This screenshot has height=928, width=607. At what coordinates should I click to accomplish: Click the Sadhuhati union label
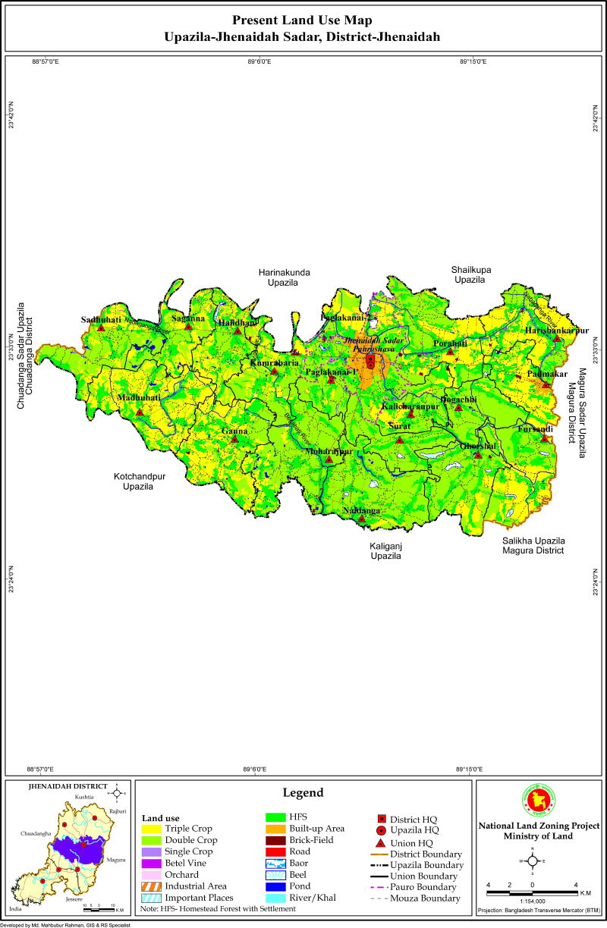point(101,320)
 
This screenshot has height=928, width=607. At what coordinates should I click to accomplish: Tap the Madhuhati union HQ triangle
point(140,413)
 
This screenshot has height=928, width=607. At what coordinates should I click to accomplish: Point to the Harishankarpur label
point(556,330)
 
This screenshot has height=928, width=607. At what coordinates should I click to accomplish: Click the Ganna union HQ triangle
point(234,439)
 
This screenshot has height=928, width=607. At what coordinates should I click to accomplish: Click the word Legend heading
point(303,793)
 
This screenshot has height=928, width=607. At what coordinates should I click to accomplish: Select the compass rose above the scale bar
point(533,861)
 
